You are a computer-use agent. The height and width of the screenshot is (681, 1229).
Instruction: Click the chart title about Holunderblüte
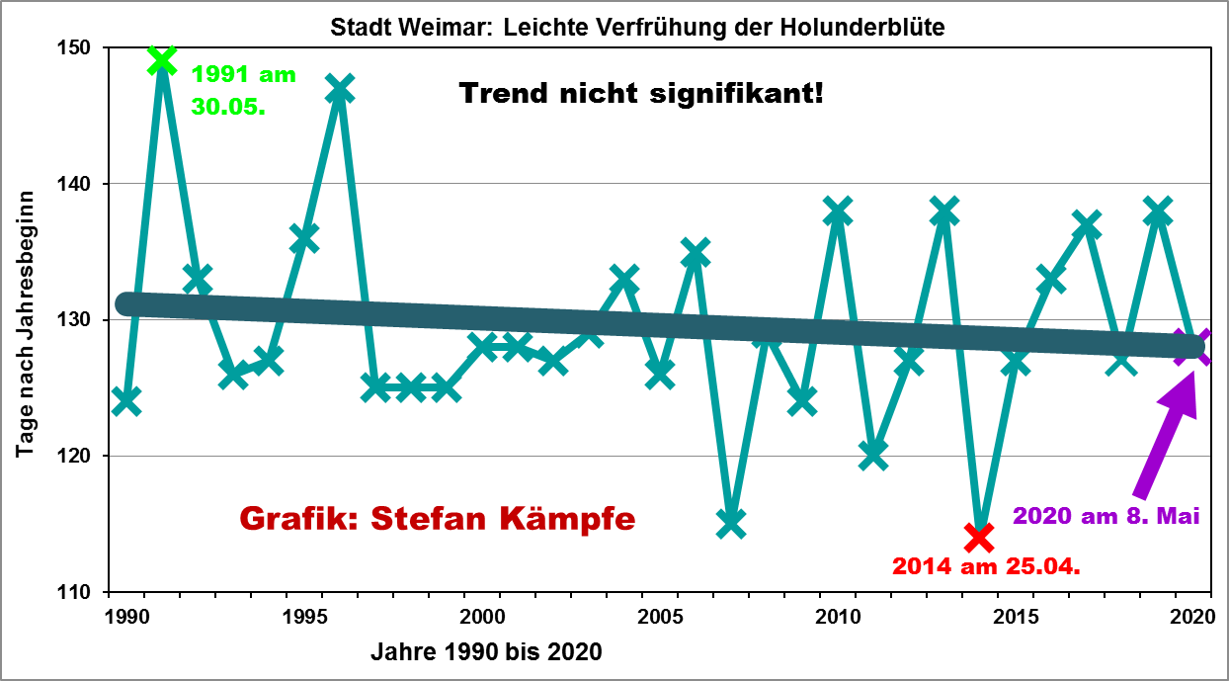pos(637,27)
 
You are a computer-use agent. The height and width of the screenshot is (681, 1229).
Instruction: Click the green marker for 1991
pos(162,61)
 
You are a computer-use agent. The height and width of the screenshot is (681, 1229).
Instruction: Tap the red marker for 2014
pos(979,537)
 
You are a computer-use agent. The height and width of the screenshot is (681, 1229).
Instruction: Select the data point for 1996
pos(340,89)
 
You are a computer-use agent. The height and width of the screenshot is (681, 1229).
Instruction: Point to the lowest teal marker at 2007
pos(731,523)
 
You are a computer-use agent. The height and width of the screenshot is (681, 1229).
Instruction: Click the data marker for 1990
pos(126,401)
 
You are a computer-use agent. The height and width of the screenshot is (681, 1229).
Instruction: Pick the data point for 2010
pos(838,212)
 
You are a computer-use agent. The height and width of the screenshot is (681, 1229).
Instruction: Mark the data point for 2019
pos(1158,212)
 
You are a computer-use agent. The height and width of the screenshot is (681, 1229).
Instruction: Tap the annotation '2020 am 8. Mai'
pos(1106,515)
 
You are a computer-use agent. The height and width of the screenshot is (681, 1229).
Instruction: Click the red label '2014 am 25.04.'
pos(984,567)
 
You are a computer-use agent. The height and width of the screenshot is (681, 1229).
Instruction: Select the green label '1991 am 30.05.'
pos(243,90)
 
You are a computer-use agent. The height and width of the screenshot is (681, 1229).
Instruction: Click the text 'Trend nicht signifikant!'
pos(640,95)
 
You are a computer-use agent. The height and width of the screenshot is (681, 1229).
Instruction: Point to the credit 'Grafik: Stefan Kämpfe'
pos(438,518)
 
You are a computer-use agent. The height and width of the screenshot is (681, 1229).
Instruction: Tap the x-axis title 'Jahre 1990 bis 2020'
pos(486,652)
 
